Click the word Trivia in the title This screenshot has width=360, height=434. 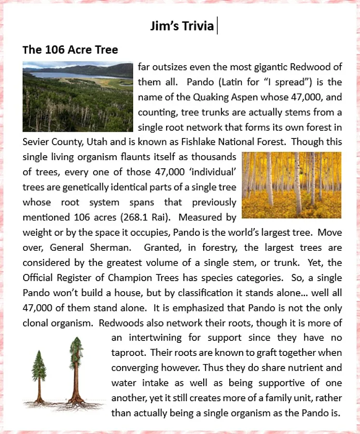pos(197,26)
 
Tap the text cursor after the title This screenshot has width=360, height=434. pos(217,26)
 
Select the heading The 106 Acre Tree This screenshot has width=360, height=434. pos(70,50)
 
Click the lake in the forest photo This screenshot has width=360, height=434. pos(72,75)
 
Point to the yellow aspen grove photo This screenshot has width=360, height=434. pos(291,185)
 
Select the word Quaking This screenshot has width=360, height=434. pos(210,97)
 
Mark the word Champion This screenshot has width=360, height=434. pos(148,278)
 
